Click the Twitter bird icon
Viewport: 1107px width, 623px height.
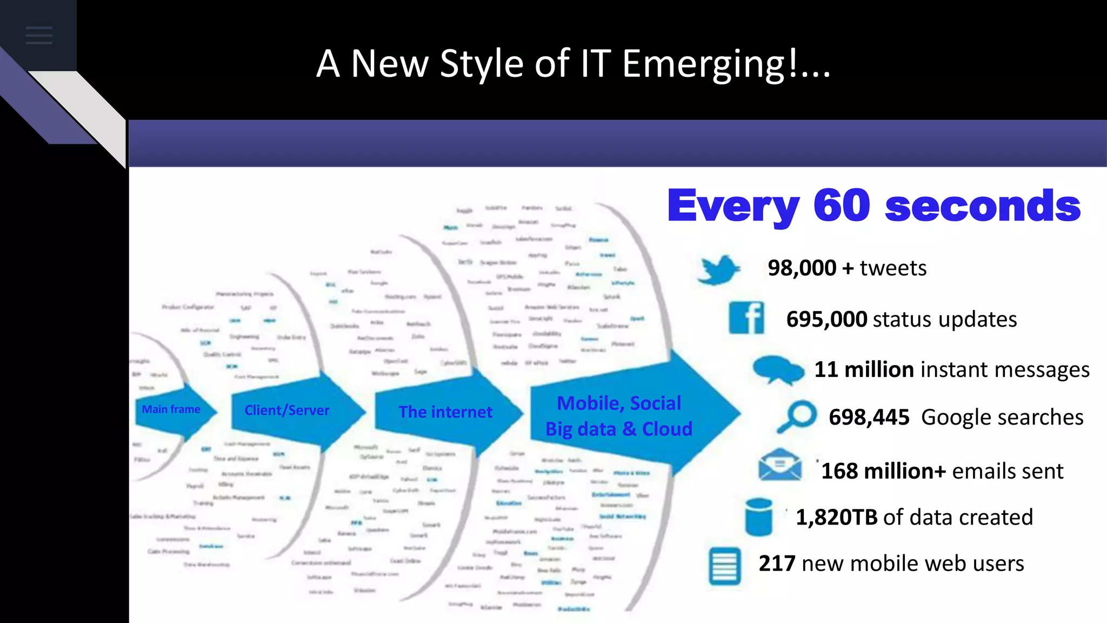[x=718, y=269]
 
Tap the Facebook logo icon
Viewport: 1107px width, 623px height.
[x=746, y=318]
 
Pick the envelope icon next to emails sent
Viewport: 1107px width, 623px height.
[x=780, y=465]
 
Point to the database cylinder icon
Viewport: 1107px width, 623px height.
[x=758, y=517]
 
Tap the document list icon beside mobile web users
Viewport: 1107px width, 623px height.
[x=724, y=566]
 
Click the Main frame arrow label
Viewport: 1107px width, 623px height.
[x=171, y=409]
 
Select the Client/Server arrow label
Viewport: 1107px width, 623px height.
[x=286, y=410]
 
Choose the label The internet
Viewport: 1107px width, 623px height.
[x=445, y=412]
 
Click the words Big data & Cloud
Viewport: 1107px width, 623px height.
[x=619, y=429]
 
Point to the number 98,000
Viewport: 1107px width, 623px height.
[x=802, y=268]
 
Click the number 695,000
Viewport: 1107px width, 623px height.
[x=826, y=320]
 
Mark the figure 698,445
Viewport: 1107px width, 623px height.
[x=869, y=417]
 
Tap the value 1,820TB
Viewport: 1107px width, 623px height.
[x=836, y=518]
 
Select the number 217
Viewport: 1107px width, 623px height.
[x=777, y=564]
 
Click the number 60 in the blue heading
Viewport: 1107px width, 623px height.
[x=842, y=206]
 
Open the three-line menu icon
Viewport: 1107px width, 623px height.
[x=39, y=35]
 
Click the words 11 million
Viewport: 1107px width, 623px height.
[x=864, y=370]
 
